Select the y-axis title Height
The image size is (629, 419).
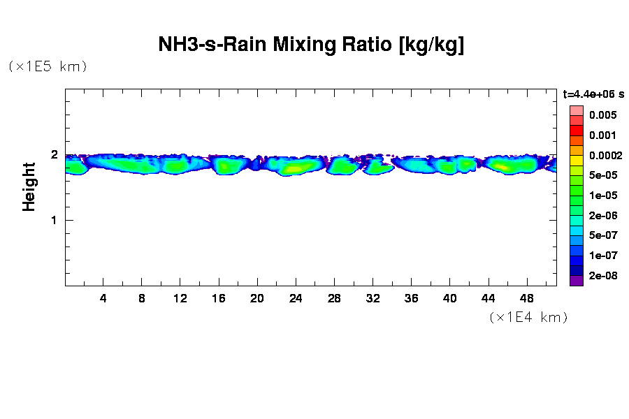(29, 186)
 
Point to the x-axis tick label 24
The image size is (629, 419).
(296, 298)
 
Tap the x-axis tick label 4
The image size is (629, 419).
(103, 298)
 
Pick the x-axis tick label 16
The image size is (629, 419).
(219, 298)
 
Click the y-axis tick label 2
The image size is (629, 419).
(54, 154)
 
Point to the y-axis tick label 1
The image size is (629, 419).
(54, 220)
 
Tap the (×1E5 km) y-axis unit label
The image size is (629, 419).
(48, 66)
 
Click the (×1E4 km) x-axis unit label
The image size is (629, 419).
(528, 317)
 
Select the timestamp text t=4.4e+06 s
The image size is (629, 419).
(593, 94)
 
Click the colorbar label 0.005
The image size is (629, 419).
(602, 115)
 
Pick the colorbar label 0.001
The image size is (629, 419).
(602, 135)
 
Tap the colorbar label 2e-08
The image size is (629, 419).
(602, 276)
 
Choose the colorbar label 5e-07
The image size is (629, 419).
(602, 235)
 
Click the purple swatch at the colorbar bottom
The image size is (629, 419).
(577, 281)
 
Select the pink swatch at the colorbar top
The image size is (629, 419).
(577, 110)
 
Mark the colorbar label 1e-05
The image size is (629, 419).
(602, 196)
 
